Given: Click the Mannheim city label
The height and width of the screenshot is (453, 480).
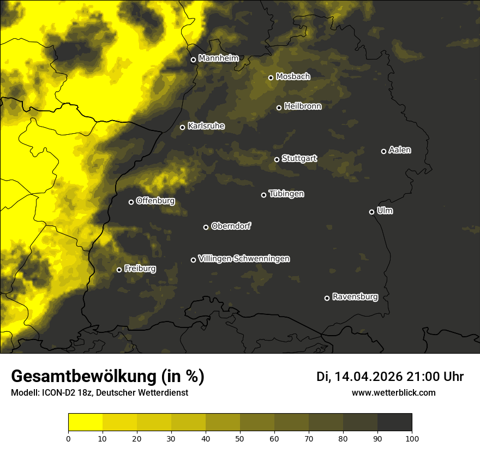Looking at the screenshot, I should point(219,58).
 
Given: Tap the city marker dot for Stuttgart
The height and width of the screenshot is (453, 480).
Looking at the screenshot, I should point(277,159).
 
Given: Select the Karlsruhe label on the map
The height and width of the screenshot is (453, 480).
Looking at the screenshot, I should point(206,126).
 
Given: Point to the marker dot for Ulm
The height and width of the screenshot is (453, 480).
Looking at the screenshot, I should point(371,212).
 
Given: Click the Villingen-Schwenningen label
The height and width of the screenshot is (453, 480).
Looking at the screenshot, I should point(244,259).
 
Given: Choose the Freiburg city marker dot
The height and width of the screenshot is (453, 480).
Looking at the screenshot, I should point(119,270).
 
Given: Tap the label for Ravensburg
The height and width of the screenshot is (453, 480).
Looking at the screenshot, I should point(355,297).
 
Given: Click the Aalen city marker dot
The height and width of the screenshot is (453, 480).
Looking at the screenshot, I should point(383,151).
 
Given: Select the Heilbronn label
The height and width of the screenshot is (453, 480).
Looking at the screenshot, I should point(303,106).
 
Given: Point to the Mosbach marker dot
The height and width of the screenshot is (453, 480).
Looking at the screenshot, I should point(271,78).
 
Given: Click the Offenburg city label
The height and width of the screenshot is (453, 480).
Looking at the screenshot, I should point(155,201).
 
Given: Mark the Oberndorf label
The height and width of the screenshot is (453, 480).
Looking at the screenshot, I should point(231,226).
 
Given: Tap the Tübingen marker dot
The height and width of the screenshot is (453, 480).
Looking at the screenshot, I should point(263,195).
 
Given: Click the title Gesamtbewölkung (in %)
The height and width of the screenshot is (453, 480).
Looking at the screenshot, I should point(107,376).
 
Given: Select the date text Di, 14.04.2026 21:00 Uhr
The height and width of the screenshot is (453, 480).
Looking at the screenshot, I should point(390,377).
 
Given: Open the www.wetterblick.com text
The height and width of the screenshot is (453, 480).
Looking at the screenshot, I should point(393,392).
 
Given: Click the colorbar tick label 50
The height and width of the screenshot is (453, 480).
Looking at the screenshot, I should point(240,438).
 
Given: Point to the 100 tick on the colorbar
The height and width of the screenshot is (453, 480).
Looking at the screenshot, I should point(412,438).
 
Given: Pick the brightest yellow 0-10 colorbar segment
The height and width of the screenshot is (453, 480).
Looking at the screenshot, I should point(85,422).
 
